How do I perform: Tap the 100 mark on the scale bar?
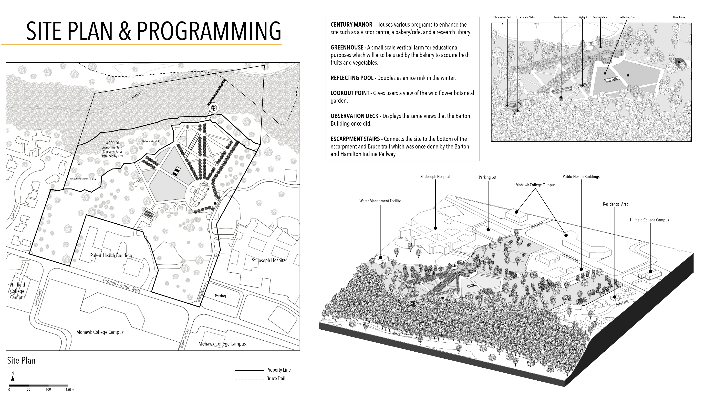pyautogui.click(x=48, y=389)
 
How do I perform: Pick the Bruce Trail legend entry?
pyautogui.click(x=275, y=378)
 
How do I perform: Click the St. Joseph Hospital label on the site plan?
pyautogui.click(x=269, y=260)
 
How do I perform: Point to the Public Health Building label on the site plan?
pyautogui.click(x=111, y=256)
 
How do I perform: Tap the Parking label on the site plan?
pyautogui.click(x=220, y=296)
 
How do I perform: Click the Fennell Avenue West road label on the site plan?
pyautogui.click(x=122, y=285)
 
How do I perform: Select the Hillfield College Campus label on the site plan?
pyautogui.click(x=18, y=291)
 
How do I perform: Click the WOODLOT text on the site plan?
pyautogui.click(x=112, y=143)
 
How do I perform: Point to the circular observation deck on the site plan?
pyautogui.click(x=214, y=108)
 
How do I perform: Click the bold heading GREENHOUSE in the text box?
pyautogui.click(x=347, y=48)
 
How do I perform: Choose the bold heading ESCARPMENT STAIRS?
pyautogui.click(x=355, y=139)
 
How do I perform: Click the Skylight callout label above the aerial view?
pyautogui.click(x=583, y=18)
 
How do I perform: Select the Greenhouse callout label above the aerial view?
pyautogui.click(x=679, y=18)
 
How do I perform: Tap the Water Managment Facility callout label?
pyautogui.click(x=380, y=201)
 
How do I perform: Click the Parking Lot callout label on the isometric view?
pyautogui.click(x=487, y=177)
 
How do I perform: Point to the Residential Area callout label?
pyautogui.click(x=615, y=204)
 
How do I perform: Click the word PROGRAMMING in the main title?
pyautogui.click(x=209, y=31)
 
